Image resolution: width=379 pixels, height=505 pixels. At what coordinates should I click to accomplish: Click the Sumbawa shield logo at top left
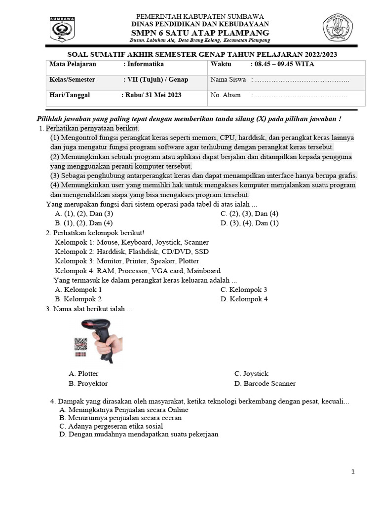tap(62, 29)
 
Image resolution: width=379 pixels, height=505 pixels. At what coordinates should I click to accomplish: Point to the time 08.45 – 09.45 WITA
tap(282, 64)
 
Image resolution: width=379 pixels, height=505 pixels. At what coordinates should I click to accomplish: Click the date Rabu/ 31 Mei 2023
tap(151, 95)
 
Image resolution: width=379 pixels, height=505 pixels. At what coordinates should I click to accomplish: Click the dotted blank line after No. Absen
tap(301, 96)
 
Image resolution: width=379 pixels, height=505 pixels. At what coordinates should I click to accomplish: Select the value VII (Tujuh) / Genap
tap(155, 80)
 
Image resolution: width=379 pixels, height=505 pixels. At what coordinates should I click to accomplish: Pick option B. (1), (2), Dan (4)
tap(84, 223)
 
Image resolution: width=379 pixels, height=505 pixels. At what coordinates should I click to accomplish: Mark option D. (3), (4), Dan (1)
tap(250, 223)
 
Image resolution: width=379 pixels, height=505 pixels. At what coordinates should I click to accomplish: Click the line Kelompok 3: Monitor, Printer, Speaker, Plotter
tap(127, 261)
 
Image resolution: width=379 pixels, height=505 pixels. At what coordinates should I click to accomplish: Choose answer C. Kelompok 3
tap(244, 289)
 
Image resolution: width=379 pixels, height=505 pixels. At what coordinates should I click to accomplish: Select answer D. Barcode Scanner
tap(265, 383)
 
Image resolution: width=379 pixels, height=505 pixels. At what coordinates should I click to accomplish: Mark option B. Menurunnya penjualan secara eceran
tap(120, 418)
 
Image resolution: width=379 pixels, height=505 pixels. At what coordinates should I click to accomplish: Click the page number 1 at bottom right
tap(353, 472)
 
